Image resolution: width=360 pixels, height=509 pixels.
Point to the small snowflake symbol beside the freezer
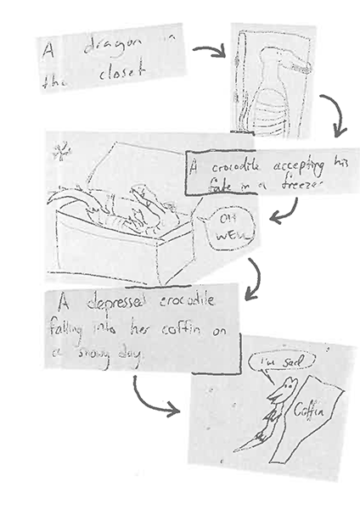coord(60,154)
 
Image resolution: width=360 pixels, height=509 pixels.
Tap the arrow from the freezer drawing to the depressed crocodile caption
coord(252,279)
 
